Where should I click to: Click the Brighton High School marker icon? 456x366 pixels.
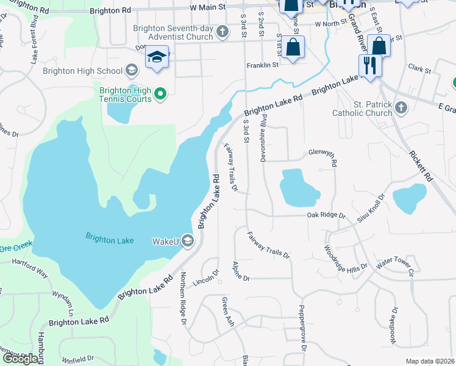pyautogui.click(x=131, y=71)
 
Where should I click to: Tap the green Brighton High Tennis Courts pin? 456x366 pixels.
pyautogui.click(x=160, y=94)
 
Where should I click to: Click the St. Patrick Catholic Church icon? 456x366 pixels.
pyautogui.click(x=401, y=108)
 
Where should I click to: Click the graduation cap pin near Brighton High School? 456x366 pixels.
pyautogui.click(x=157, y=59)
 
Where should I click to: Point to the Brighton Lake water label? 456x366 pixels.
pyautogui.click(x=110, y=240)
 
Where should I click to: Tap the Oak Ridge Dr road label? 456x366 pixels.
pyautogui.click(x=326, y=216)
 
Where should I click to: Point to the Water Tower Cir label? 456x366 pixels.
pyautogui.click(x=395, y=265)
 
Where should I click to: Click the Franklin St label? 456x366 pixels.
pyautogui.click(x=262, y=64)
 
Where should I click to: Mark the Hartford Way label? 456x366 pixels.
pyautogui.click(x=30, y=267)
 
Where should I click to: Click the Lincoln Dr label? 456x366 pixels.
pyautogui.click(x=205, y=278)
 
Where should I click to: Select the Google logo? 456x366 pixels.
pyautogui.click(x=20, y=359)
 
